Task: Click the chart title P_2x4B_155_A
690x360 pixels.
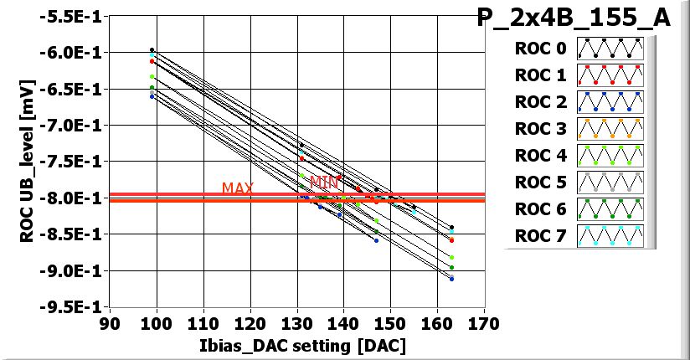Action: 574,18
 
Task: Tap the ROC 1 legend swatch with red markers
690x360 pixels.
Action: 610,75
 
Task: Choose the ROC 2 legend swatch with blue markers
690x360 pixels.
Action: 610,102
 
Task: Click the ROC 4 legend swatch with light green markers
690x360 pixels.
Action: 610,156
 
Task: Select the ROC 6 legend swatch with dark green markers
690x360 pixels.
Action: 610,209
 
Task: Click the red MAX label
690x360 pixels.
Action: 238,188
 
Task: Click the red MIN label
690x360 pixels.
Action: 326,182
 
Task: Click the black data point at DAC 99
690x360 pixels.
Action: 152,50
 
